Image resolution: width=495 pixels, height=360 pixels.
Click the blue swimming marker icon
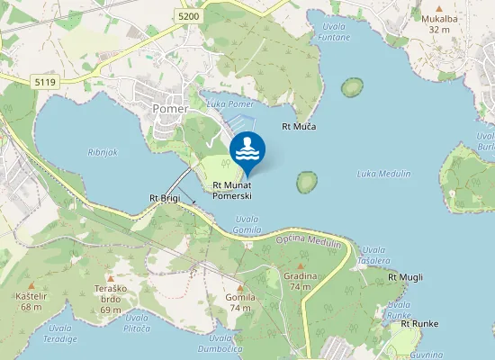(x=247, y=150)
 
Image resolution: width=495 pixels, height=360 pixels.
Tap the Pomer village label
(x=171, y=109)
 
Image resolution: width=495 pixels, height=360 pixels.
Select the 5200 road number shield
(x=189, y=16)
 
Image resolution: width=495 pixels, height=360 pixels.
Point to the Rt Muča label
(x=299, y=127)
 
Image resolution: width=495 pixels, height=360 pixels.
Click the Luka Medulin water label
(x=379, y=173)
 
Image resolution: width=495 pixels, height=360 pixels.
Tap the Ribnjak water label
(x=103, y=153)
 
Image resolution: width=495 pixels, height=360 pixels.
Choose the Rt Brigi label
(x=165, y=197)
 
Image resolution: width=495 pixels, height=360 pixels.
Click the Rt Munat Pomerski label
(x=232, y=191)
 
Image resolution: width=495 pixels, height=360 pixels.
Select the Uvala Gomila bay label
(x=247, y=224)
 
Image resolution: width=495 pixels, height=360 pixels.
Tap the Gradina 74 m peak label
(x=301, y=281)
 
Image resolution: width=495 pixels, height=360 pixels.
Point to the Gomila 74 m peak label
(x=240, y=301)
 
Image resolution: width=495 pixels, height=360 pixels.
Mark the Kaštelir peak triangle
(x=31, y=284)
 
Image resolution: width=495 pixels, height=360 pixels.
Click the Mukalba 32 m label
(x=439, y=22)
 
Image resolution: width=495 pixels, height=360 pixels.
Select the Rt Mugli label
(x=405, y=277)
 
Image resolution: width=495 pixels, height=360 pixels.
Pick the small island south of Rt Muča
(x=308, y=183)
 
